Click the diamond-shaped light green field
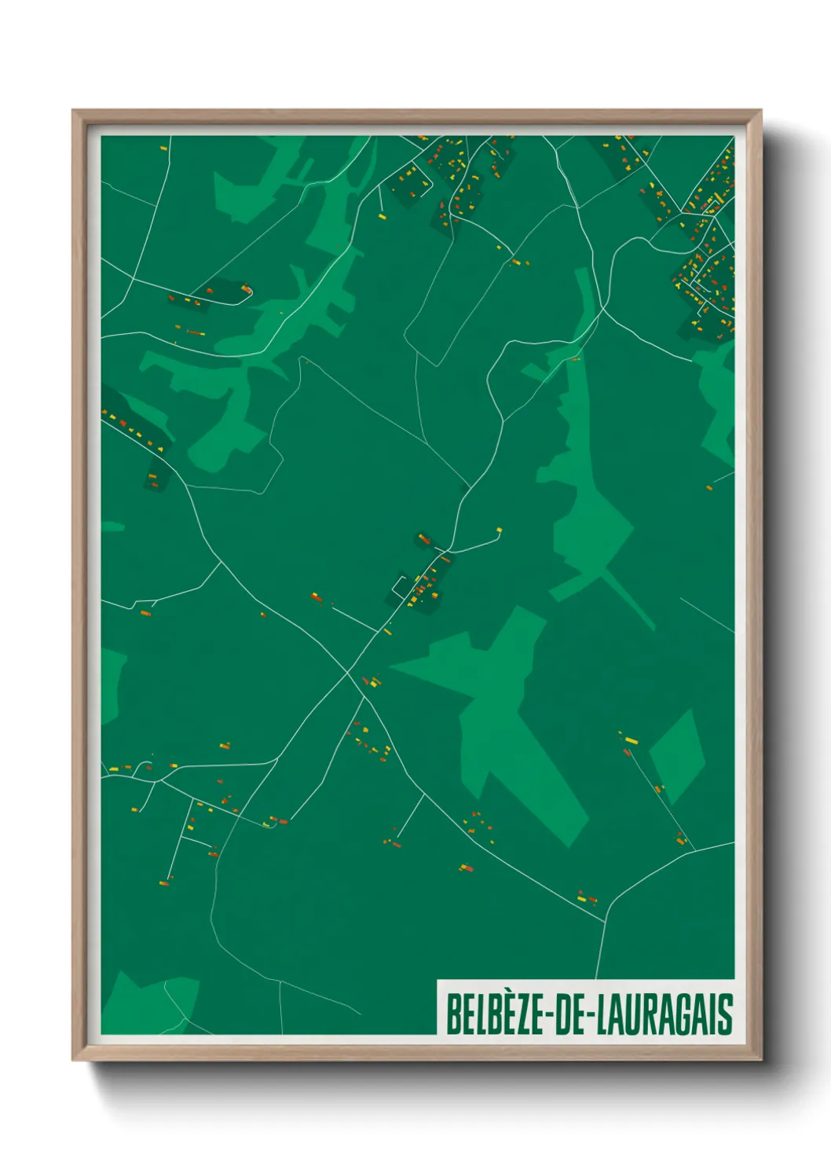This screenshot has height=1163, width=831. pyautogui.click(x=677, y=755)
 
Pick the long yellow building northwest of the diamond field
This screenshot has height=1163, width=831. pyautogui.click(x=631, y=740)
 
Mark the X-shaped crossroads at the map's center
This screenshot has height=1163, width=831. pyautogui.click(x=348, y=674)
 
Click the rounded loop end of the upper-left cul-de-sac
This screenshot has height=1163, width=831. pyautogui.click(x=248, y=292)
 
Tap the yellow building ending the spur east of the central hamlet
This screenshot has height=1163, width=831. pyautogui.click(x=498, y=531)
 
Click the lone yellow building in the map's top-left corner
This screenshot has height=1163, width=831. pyautogui.click(x=163, y=148)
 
